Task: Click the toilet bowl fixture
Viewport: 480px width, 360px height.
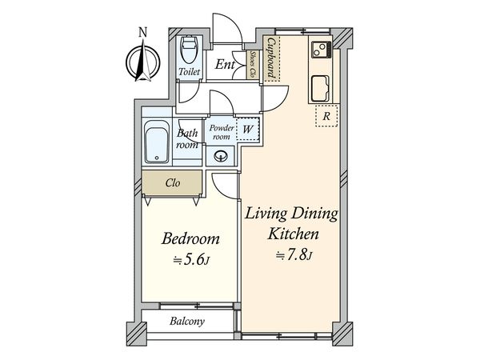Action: coord(188,50)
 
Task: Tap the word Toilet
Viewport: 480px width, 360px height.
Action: coord(189,72)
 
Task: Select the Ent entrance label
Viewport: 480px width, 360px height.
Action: coord(225,64)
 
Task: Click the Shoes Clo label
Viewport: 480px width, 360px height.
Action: coord(253,64)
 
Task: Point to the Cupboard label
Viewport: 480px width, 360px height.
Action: coord(271,58)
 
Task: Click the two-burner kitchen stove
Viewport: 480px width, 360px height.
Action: coord(322,50)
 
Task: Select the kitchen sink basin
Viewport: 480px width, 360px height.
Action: coord(320,89)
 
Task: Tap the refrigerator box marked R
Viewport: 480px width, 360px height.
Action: coord(326,116)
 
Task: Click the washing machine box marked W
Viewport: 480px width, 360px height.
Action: coord(248,129)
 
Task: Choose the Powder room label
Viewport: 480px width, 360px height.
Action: coord(222,132)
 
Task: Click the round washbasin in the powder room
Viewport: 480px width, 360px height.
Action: coord(221,157)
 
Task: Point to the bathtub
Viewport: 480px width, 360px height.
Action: coord(157,142)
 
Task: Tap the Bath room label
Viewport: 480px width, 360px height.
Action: coord(187,138)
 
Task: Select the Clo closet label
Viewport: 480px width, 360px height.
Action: coord(172,183)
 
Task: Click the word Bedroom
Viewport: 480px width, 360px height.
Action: coord(190,238)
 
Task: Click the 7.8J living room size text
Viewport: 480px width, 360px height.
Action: coord(294,254)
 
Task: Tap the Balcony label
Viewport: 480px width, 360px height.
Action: coord(187,321)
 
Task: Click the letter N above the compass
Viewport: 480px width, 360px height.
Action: coord(142,32)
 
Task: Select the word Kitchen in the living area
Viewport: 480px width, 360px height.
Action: coord(294,234)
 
